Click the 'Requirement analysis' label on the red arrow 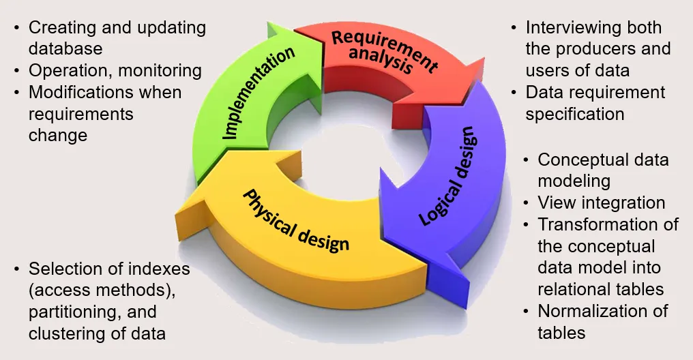(383, 51)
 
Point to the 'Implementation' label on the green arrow (259, 93)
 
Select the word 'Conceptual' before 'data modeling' (581, 160)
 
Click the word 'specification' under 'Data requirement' (574, 113)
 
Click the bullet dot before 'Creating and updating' (16, 28)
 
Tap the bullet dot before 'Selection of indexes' (16, 269)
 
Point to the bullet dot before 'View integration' (526, 202)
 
